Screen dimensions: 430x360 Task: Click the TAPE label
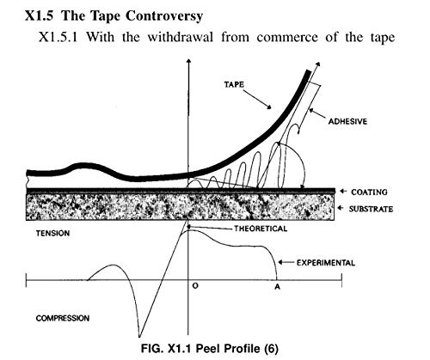[x=234, y=84]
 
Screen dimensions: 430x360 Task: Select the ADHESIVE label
[x=347, y=121]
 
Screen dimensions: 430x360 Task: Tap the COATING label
[x=369, y=192]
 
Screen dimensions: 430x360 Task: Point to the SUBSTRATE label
[x=371, y=209]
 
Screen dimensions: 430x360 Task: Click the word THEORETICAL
[x=261, y=229]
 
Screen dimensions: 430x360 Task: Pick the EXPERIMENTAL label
[x=326, y=263]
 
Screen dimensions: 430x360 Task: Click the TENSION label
[x=52, y=234]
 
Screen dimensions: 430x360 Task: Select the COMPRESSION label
[x=63, y=318]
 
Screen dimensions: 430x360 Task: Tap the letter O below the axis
[x=195, y=286]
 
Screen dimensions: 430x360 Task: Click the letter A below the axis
[x=277, y=286]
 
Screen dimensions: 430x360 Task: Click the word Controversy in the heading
[x=164, y=15]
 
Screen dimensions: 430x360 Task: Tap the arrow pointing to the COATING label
[x=343, y=192]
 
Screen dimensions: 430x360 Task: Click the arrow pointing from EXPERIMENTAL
[x=286, y=262]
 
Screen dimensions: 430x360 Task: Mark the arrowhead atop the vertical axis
[x=188, y=61]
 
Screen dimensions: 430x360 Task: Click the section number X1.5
[x=39, y=15]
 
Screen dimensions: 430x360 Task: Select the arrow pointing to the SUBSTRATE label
[x=341, y=208]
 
